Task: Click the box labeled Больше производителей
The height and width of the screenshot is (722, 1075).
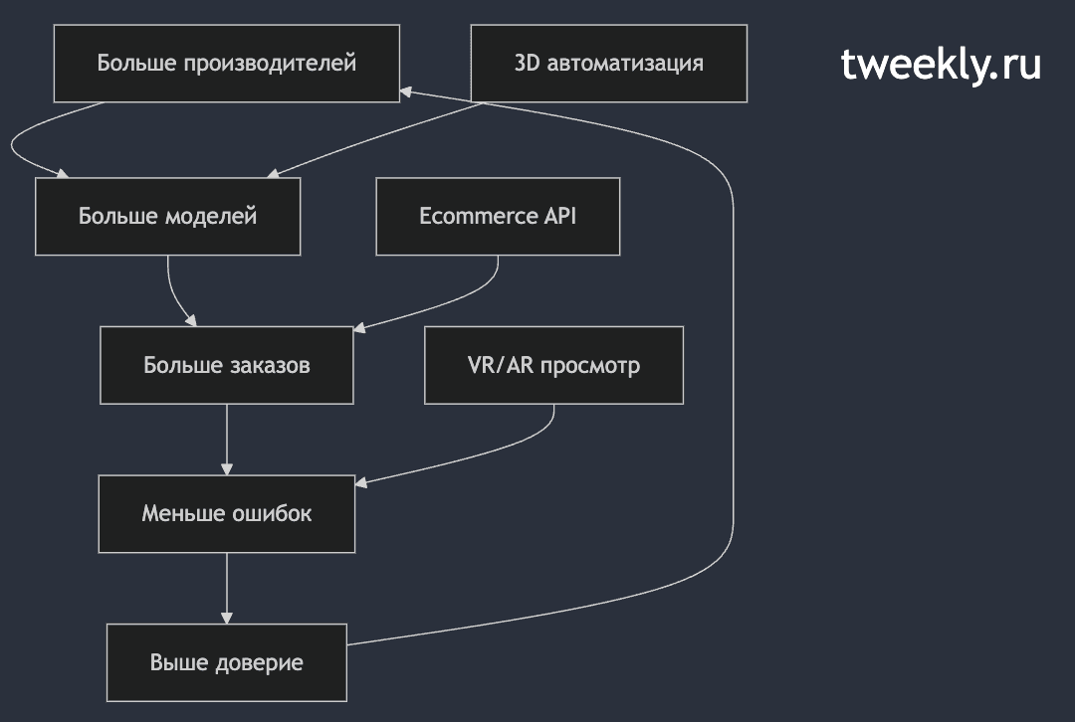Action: coord(226,64)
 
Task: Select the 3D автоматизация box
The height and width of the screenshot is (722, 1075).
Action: coord(609,64)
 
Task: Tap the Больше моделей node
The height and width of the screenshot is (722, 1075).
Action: coord(168,217)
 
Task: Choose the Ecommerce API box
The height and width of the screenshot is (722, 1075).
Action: coord(498,217)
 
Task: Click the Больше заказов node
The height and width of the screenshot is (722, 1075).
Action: coord(227,365)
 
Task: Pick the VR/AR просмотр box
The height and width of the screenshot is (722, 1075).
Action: coord(554,365)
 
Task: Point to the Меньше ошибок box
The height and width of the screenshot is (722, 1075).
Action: coord(227,514)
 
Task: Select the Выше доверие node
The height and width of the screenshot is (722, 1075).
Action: coord(227,662)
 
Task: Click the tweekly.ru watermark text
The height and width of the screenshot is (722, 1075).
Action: coord(941,65)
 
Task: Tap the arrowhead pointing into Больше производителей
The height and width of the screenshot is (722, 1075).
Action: coord(406,91)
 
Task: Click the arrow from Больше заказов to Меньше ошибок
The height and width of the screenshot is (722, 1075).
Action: coord(227,440)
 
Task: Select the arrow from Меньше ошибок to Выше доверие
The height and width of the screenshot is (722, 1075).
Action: coord(227,588)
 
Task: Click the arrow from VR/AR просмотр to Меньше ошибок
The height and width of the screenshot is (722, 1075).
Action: coord(480,456)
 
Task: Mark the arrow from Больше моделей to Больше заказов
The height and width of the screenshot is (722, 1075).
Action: coord(175,294)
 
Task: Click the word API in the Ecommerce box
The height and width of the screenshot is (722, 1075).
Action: coord(559,216)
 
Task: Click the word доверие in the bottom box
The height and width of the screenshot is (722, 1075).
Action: coord(260,663)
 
